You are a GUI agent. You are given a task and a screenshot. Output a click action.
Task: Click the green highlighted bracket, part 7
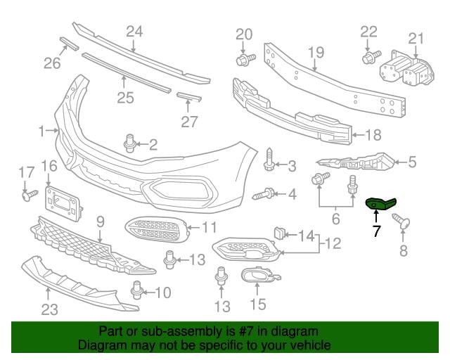coord(381,203)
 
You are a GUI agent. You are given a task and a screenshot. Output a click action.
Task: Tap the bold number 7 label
coord(377,231)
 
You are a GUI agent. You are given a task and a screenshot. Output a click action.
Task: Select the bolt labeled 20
coord(245,59)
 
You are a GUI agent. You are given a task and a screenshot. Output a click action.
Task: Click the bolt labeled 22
coord(371,57)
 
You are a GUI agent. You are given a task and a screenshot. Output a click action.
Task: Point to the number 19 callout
coord(316,52)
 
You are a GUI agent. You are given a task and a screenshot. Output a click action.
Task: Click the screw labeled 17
coord(30,195)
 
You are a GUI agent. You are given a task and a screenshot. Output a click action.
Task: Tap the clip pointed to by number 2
coord(129,143)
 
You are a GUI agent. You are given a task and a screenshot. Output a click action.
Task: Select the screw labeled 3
coord(269,160)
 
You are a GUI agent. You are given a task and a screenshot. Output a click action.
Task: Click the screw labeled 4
coord(264,194)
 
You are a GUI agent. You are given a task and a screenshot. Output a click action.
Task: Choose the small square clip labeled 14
coord(279,233)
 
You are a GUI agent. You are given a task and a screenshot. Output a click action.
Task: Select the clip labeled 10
coord(136,290)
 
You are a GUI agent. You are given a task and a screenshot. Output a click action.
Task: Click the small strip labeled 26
coord(69,44)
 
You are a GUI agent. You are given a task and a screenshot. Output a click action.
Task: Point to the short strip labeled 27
coord(189,97)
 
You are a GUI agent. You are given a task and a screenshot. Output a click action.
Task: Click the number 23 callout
coord(50,309)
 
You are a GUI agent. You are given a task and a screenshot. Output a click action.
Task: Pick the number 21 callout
coord(416,39)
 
